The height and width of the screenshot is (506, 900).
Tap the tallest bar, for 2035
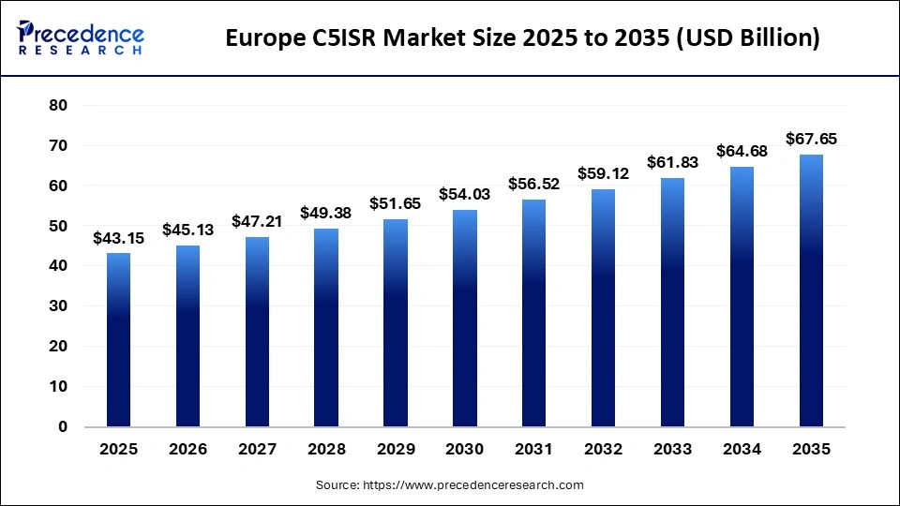(x=811, y=290)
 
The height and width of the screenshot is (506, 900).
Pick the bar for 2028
(x=326, y=327)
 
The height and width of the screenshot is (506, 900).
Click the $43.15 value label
(x=118, y=239)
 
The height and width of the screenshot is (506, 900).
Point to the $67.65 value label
(x=811, y=140)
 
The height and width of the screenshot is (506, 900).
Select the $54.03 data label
(x=465, y=195)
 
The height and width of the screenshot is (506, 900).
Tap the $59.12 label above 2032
(x=604, y=174)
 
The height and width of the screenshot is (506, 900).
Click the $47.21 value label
(x=257, y=222)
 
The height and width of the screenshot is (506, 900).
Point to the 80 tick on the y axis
(x=58, y=106)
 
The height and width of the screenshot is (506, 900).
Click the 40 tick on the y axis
(x=58, y=266)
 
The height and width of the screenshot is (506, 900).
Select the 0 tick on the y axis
(x=63, y=426)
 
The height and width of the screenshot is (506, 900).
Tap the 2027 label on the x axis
(x=257, y=450)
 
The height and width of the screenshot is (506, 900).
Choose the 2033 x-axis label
(x=672, y=450)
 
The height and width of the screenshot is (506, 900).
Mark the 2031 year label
(x=534, y=450)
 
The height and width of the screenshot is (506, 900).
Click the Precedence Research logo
(x=81, y=37)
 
